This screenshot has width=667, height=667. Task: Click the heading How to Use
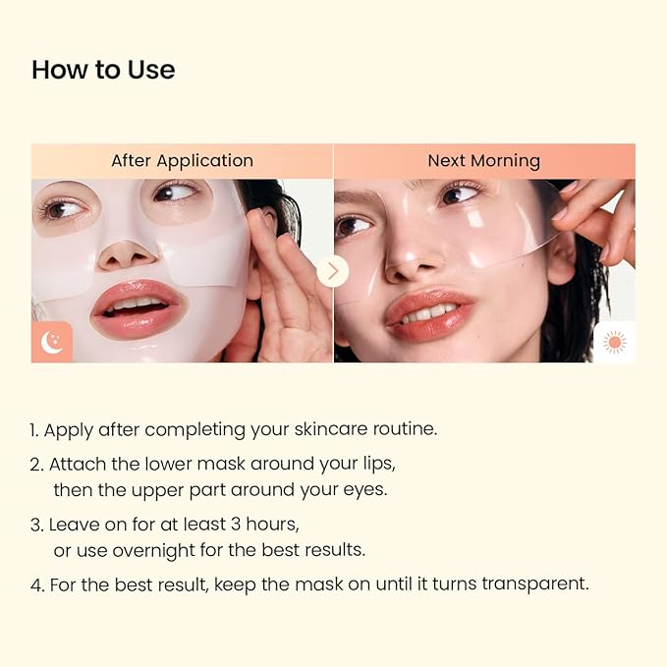coord(103,70)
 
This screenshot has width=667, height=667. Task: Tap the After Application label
coord(182,160)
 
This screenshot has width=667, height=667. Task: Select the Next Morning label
coord(483,160)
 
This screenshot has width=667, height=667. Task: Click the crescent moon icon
coord(52,342)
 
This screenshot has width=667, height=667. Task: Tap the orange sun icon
coord(614,342)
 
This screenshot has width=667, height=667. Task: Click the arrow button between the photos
coord(333,270)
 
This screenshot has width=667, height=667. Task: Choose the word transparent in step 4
coord(538,584)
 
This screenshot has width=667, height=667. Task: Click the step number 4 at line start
coord(35,584)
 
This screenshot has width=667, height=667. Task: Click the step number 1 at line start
coord(33,429)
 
